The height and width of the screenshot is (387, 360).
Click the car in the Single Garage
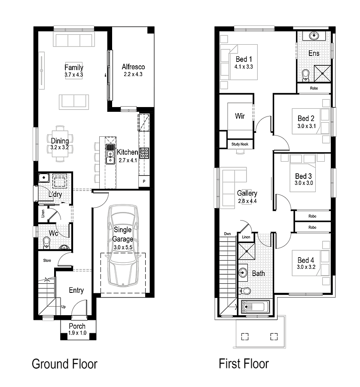coord(123,246)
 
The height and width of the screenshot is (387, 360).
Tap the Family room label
coord(74,68)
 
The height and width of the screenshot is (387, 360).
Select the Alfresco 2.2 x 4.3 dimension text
coord(133,74)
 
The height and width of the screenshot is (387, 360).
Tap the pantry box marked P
coord(144,182)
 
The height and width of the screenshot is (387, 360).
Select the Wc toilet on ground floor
coord(46,243)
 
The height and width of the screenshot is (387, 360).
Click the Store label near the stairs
coord(46,261)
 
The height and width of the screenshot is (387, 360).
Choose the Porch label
coord(77,326)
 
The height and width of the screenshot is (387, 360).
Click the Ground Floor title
coord(65,364)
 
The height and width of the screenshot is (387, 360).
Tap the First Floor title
coord(244,364)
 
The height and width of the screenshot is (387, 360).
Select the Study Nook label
coord(240,144)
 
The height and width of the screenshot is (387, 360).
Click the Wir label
coord(240,116)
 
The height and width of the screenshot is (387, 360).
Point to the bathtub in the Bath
coord(255,307)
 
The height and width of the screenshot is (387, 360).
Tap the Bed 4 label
coord(305,260)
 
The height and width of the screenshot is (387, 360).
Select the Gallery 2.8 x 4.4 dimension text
coord(247,201)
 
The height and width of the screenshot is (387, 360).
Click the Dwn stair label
coord(228,234)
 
